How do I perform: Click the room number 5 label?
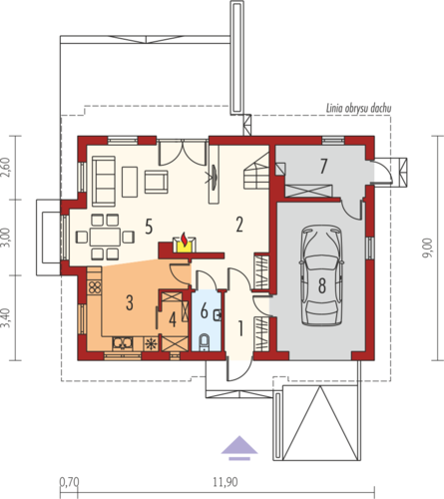[x=149, y=227]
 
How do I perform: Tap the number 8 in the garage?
[x=322, y=285]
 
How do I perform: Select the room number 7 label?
[x=323, y=166]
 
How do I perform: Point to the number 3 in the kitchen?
[x=130, y=302]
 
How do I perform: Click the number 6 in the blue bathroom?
[x=205, y=311]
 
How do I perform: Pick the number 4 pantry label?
[x=173, y=320]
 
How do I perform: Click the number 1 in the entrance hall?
[x=240, y=328]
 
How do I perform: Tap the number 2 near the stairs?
[x=239, y=225]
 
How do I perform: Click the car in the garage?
[x=321, y=275]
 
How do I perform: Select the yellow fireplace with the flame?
[x=185, y=244]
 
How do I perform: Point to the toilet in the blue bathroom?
[x=204, y=342]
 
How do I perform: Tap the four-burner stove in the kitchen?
[x=95, y=286]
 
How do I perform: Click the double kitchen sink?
[x=123, y=343]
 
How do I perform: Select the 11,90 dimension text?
[x=225, y=482]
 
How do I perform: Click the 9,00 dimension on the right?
[x=427, y=248]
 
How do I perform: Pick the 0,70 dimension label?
[x=69, y=482]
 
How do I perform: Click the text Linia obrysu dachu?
[x=358, y=108]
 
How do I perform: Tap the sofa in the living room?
[x=104, y=182]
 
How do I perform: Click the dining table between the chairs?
[x=105, y=237]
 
